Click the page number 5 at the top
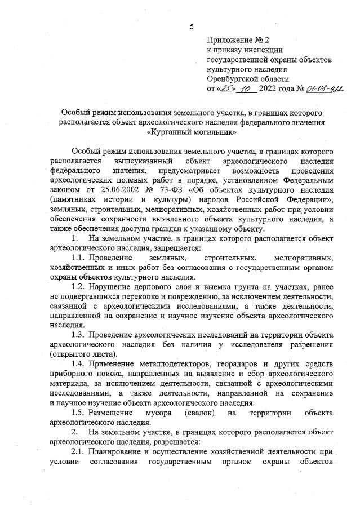click(x=192, y=27)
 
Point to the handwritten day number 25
click(x=226, y=89)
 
